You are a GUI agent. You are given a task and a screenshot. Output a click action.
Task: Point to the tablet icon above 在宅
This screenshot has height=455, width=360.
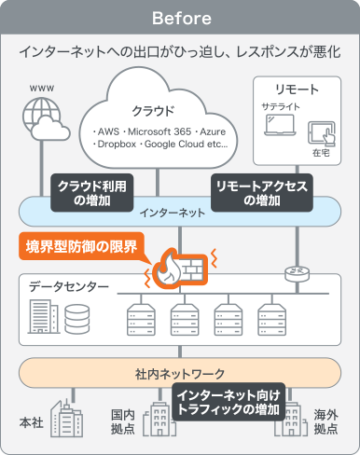tap(322, 130)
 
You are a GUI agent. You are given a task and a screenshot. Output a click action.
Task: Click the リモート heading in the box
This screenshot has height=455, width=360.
tap(300, 90)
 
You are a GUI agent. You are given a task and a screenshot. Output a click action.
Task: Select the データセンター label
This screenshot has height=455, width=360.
tap(68, 286)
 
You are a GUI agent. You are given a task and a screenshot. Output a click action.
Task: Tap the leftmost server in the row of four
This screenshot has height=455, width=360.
tap(137, 319)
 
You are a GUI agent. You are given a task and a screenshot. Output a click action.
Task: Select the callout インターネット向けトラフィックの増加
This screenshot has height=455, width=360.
tap(228, 403)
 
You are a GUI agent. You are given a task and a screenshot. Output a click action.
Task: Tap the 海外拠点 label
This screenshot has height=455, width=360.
tap(325, 421)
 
